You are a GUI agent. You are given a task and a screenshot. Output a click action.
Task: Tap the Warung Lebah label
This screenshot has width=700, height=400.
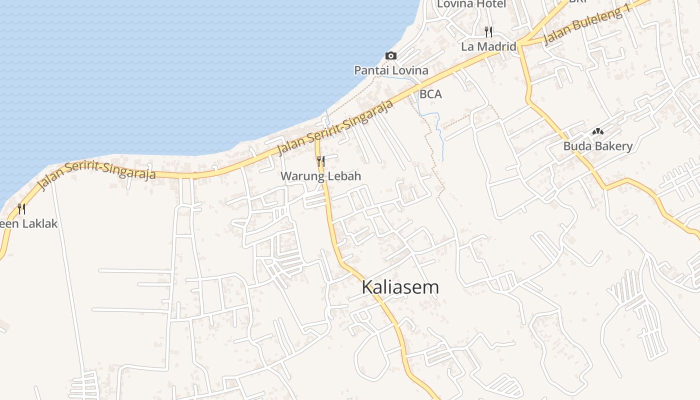(320, 176)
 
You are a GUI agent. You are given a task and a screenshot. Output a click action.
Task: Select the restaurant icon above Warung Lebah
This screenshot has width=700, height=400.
(320, 161)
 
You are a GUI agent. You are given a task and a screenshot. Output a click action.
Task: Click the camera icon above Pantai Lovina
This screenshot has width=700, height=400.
(390, 55)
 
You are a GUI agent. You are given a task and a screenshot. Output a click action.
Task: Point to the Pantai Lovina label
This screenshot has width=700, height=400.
(391, 70)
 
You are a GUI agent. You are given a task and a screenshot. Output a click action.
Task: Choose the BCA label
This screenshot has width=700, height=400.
(430, 94)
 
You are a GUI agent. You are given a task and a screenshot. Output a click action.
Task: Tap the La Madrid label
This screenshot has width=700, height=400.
(488, 46)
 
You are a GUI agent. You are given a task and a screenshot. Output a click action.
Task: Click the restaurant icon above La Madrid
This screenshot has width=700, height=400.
(488, 31)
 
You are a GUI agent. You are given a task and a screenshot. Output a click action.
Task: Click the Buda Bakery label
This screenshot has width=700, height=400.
(598, 146)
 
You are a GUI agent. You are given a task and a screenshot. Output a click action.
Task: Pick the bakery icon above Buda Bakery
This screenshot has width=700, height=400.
(597, 131)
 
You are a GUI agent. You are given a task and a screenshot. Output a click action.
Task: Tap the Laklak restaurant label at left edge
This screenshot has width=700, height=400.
(29, 223)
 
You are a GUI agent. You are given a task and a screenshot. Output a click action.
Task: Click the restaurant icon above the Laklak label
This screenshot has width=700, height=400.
(21, 208)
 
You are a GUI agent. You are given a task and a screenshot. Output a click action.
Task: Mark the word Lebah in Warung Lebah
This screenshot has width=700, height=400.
(344, 176)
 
